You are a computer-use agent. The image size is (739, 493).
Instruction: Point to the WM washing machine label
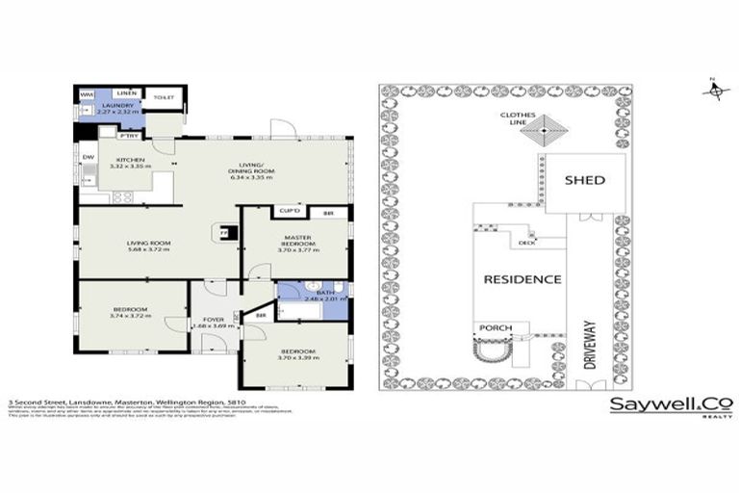(87, 95)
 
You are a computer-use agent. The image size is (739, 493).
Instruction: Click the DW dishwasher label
(87, 157)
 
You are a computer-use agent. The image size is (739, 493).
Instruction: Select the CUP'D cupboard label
(289, 211)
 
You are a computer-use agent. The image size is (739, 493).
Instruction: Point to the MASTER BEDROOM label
(295, 240)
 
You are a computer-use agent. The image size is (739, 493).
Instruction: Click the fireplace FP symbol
(224, 232)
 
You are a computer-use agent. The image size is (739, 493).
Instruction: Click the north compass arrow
(713, 90)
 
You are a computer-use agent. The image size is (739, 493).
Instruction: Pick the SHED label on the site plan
(584, 179)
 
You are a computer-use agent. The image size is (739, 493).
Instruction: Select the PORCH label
(497, 328)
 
